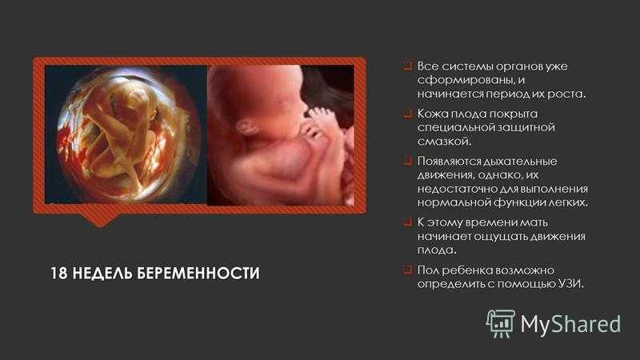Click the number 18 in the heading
tap(58, 273)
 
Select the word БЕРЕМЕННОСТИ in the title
tap(198, 273)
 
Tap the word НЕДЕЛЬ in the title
tap(102, 273)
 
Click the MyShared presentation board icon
tap(500, 323)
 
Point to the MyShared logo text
tap(570, 324)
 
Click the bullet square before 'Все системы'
tap(407, 66)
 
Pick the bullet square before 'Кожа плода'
tap(407, 113)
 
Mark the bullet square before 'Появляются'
tap(407, 161)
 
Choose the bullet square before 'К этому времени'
tap(407, 222)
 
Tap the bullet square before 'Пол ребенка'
tap(407, 270)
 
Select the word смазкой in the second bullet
tap(445, 142)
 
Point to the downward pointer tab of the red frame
tap(100, 219)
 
